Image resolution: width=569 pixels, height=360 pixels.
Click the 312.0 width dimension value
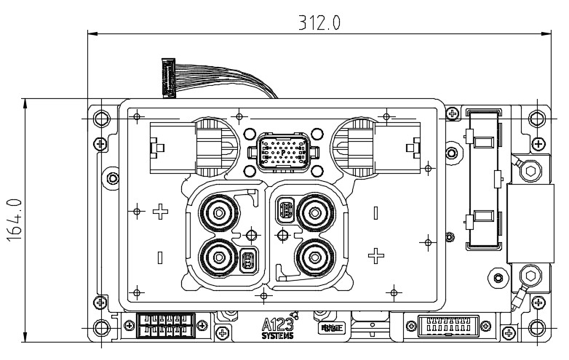[x=319, y=22]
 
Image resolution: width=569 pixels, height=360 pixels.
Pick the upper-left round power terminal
[x=218, y=214]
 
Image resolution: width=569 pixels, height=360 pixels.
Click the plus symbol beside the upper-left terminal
[x=161, y=213]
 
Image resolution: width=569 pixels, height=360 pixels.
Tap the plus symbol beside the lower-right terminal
[x=375, y=255]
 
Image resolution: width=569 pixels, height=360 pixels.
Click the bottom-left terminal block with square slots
[x=164, y=324]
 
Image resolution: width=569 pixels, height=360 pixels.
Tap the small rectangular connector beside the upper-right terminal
[x=285, y=212]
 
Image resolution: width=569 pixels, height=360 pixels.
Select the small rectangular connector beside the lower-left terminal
[x=248, y=260]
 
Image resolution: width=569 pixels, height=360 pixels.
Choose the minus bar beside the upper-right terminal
[x=375, y=213]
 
